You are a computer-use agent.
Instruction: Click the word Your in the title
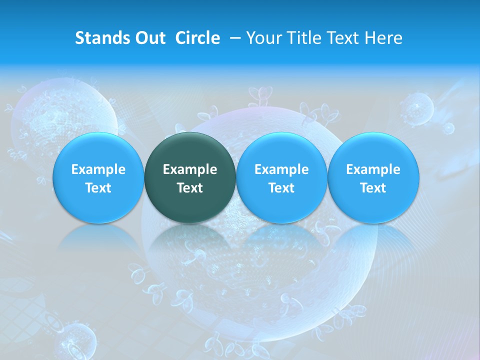pyautogui.click(x=265, y=38)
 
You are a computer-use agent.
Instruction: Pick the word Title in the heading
pyautogui.click(x=304, y=38)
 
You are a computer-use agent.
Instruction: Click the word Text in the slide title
pyautogui.click(x=343, y=38)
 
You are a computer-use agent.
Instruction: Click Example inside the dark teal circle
pyautogui.click(x=190, y=169)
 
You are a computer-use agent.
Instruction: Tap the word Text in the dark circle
pyautogui.click(x=190, y=188)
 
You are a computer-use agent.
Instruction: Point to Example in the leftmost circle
pyautogui.click(x=98, y=169)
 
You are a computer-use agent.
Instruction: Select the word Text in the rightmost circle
pyautogui.click(x=373, y=188)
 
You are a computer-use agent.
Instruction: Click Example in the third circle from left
pyautogui.click(x=281, y=169)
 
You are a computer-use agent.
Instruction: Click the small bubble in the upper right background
pyautogui.click(x=416, y=107)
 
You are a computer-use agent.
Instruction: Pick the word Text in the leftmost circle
pyautogui.click(x=98, y=188)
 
